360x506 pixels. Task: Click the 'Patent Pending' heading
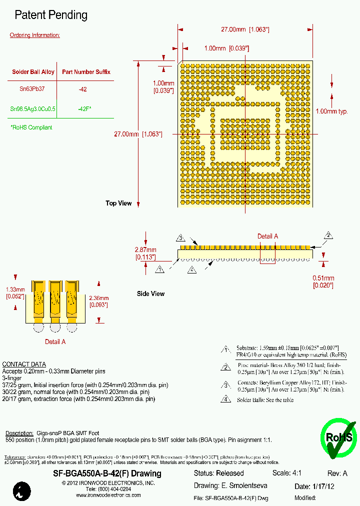click(x=51, y=15)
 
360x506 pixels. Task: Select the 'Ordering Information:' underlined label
click(x=35, y=35)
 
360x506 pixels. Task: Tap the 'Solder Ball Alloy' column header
click(x=33, y=72)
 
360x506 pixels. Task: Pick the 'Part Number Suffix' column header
click(x=86, y=72)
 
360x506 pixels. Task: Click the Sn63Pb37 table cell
click(x=32, y=89)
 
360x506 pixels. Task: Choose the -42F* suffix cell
click(x=84, y=108)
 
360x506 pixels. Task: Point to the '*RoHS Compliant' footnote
click(x=31, y=127)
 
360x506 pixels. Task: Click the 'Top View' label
click(x=118, y=203)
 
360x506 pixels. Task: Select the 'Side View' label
click(x=150, y=293)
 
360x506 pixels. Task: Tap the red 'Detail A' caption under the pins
click(x=55, y=342)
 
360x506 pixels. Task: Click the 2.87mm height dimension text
click(x=145, y=250)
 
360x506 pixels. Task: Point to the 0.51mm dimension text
click(x=323, y=278)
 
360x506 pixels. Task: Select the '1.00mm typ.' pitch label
click(x=331, y=111)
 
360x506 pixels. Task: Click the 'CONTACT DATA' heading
click(x=24, y=364)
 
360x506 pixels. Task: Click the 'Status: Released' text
click(x=218, y=473)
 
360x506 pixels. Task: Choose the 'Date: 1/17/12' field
click(x=314, y=486)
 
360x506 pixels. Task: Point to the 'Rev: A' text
click(x=337, y=473)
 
